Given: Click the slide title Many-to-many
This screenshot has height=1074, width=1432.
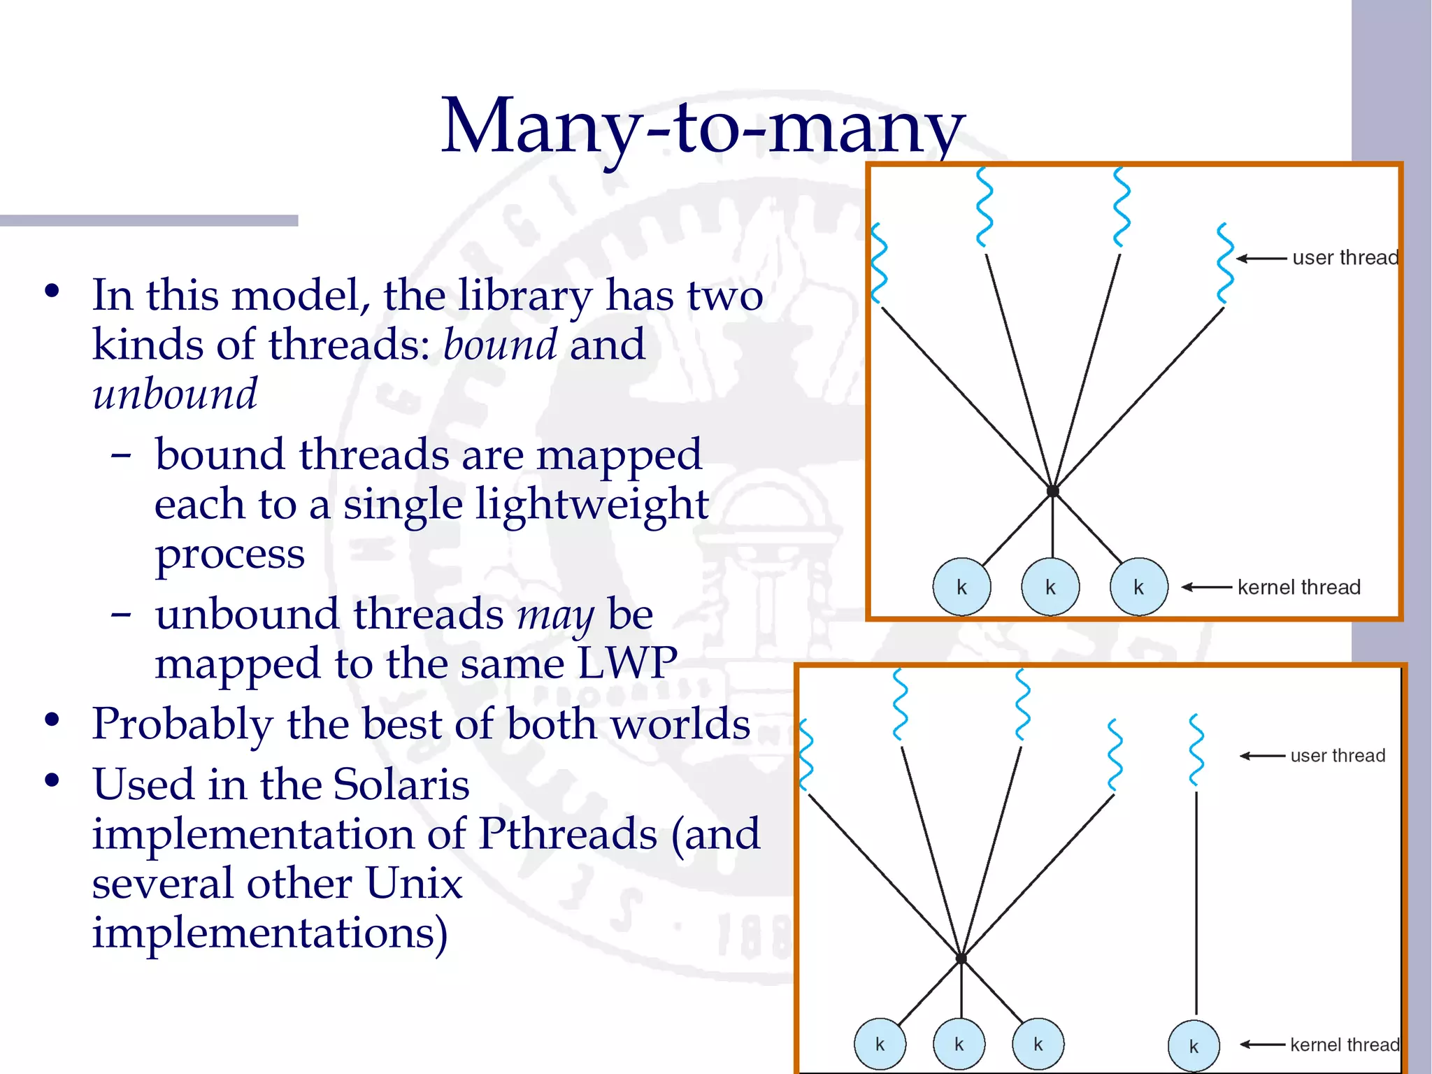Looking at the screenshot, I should [703, 127].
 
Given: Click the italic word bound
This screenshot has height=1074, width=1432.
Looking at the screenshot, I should [500, 345].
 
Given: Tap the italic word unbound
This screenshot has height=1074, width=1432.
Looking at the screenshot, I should [175, 394].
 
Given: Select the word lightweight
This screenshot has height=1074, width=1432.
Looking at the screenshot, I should [592, 504].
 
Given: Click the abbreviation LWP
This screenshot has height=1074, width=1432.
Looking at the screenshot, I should [626, 663].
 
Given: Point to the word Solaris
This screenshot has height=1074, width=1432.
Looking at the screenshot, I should [401, 784].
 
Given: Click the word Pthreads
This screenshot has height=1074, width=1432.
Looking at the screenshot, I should [568, 833].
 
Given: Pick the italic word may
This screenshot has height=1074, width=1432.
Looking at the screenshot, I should [555, 615].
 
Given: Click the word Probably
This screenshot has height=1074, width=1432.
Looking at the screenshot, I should [182, 724].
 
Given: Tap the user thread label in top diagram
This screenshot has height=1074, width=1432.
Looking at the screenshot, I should [1345, 258].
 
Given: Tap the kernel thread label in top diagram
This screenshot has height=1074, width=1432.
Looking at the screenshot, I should [1298, 587].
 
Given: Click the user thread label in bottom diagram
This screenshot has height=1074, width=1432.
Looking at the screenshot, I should [1337, 756].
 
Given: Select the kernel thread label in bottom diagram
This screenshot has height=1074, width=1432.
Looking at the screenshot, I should [1344, 1045].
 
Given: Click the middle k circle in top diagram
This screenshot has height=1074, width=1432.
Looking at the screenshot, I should [1050, 587].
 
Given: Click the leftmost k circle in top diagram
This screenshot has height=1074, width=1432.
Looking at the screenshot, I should [961, 587].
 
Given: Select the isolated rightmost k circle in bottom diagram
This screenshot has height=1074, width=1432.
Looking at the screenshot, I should [1194, 1046].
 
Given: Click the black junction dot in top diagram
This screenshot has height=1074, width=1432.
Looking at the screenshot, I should [1052, 491].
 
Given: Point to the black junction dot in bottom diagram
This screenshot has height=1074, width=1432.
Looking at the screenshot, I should [961, 958].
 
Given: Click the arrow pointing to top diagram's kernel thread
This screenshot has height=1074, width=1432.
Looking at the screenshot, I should [1207, 587].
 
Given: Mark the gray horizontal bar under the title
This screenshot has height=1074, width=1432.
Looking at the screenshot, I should [149, 221].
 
